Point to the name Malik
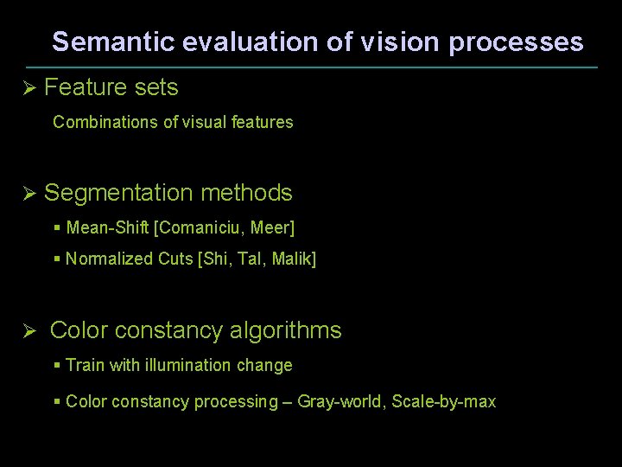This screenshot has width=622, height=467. [x=294, y=259]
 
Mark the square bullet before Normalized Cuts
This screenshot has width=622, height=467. [x=57, y=259]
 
